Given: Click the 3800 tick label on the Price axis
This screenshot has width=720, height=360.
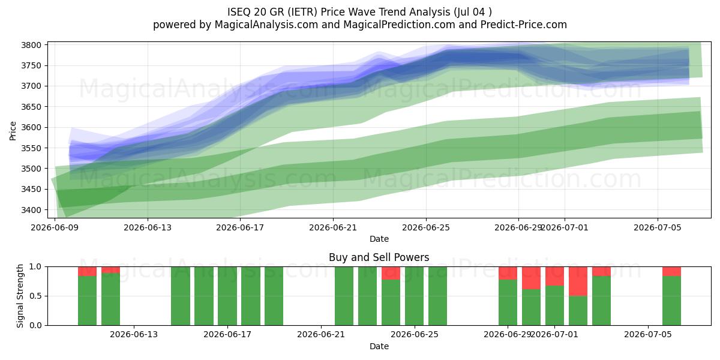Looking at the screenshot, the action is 31,45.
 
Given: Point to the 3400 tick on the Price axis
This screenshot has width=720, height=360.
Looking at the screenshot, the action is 31,210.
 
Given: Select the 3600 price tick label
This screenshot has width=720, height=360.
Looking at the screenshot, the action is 31,127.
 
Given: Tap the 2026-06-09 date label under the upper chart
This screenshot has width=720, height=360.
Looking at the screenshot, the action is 55,227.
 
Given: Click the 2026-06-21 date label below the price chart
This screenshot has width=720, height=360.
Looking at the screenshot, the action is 333,227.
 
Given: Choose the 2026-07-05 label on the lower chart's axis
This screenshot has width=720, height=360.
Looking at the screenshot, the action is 648,334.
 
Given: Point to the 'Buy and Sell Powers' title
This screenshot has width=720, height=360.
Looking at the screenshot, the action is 379,257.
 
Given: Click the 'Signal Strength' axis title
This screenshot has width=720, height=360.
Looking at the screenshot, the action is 20,296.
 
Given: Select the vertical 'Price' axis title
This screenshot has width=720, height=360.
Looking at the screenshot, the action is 13,131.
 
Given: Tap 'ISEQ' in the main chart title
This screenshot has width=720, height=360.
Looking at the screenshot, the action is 239,12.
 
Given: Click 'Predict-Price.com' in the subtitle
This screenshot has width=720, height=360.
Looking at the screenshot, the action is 524,25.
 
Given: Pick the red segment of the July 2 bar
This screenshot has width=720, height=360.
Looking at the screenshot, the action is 578,281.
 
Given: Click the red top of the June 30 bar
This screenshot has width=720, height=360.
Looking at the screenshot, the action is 531,278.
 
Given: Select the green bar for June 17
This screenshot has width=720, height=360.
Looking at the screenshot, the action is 227,296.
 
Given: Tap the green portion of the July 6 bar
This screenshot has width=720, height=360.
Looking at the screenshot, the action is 671,301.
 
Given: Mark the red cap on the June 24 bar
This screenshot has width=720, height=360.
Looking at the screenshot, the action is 391,273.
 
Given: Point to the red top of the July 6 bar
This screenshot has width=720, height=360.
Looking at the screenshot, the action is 671,271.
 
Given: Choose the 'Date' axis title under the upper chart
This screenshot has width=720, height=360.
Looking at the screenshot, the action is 379,239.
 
